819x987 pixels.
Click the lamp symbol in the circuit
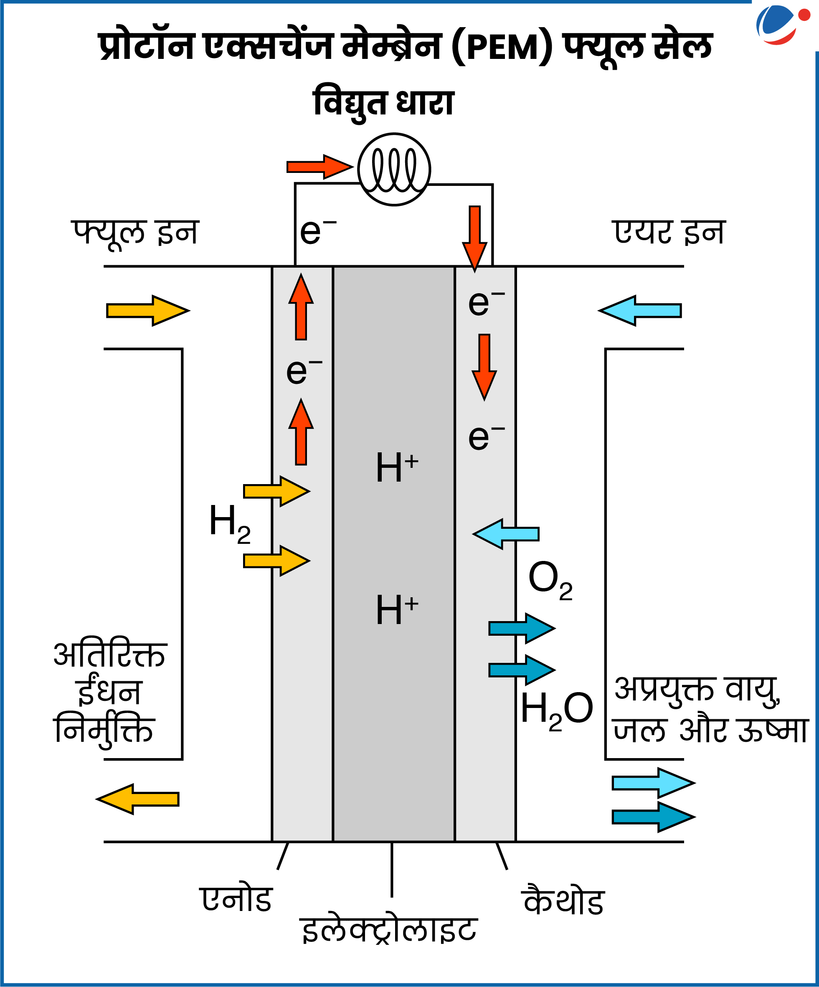pos(394,169)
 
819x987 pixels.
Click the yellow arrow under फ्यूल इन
pos(147,311)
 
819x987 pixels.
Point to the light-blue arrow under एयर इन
pos(640,311)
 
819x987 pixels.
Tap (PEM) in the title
pos(502,47)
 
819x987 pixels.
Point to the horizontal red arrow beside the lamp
pos(319,167)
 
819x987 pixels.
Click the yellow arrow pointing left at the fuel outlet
pos(138,799)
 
